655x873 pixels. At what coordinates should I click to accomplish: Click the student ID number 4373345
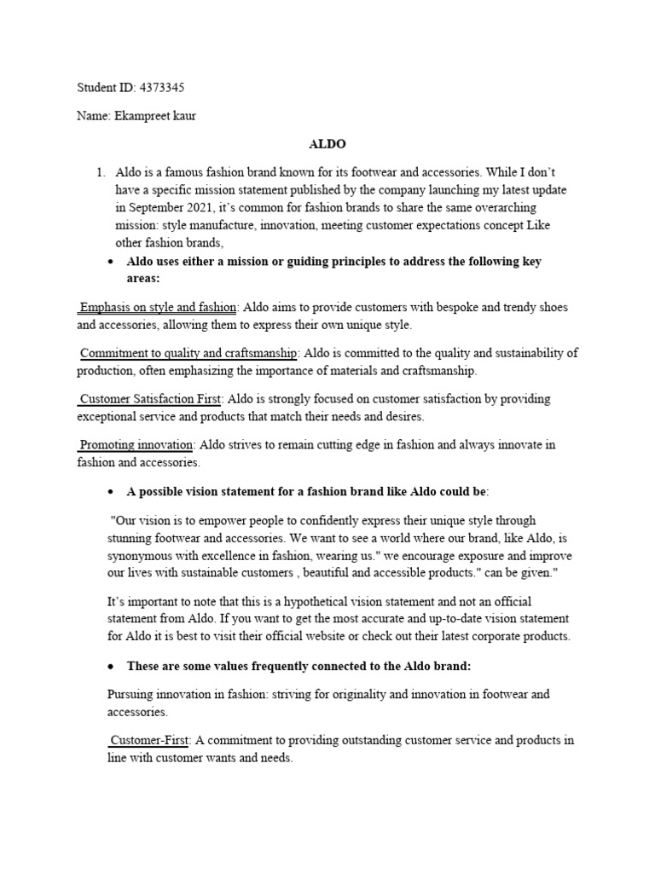(160, 88)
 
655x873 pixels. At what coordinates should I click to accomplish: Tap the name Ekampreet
(142, 116)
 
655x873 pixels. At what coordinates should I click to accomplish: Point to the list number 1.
(101, 173)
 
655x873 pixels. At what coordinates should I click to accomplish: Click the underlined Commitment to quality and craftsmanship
(188, 353)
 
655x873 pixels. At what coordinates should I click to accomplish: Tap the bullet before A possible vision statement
(109, 492)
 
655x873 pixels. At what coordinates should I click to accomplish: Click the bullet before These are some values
(109, 666)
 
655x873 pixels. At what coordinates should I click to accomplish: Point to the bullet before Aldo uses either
(109, 262)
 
